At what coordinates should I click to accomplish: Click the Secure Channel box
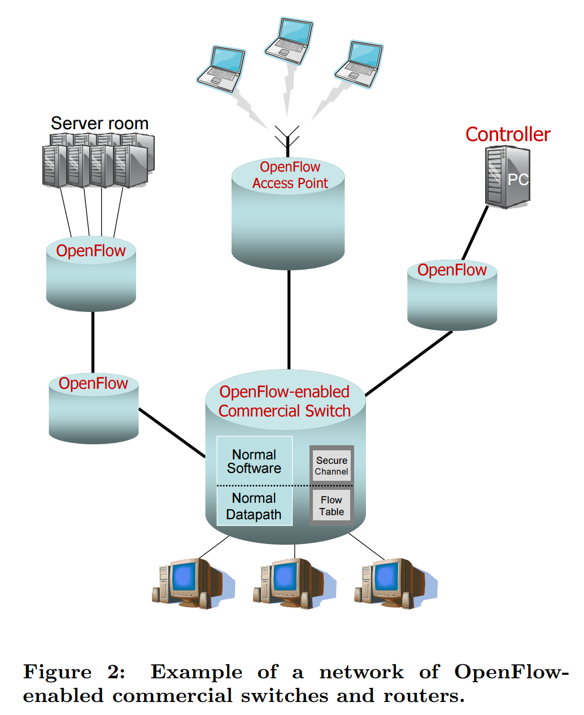click(x=332, y=466)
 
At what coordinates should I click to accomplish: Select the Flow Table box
click(x=332, y=506)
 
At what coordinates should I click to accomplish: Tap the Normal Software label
click(x=254, y=461)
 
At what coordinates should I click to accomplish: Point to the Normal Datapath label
click(x=254, y=506)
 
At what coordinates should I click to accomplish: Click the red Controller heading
click(x=507, y=134)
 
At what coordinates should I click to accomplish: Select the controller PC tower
click(x=507, y=177)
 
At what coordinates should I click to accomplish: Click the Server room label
click(x=99, y=123)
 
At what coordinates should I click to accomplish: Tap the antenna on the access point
click(x=287, y=139)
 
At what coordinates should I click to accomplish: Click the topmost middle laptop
click(x=289, y=41)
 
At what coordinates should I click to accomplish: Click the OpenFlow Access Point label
click(x=290, y=175)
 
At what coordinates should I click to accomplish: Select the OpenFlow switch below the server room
click(x=91, y=274)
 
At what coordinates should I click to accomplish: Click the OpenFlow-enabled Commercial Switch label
click(x=284, y=401)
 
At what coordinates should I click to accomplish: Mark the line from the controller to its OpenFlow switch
click(x=475, y=233)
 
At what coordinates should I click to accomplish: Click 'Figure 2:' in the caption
click(x=74, y=672)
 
